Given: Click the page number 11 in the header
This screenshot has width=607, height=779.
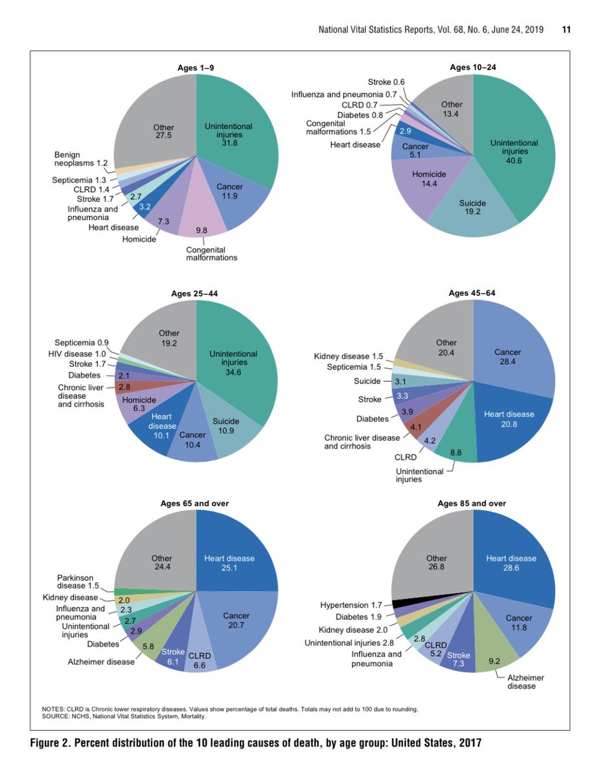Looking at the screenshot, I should pos(566,30).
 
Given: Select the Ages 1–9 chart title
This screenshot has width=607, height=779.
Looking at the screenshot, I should pos(196,68).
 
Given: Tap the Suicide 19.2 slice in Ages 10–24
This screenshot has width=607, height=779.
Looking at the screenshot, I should pos(473,207).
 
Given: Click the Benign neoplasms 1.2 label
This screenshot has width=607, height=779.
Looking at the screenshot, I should pos(81,159).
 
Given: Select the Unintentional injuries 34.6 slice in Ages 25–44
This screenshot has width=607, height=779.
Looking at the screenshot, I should pos(234,364).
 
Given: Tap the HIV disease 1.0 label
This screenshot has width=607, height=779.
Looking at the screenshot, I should pos(81,353).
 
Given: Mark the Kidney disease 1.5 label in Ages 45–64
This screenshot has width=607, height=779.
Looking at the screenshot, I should pos(348,356).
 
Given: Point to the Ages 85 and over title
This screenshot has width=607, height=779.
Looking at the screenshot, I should pos(472,503).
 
